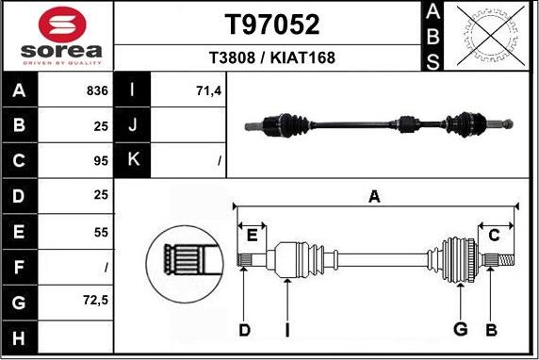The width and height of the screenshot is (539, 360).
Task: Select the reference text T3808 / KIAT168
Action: click(271, 57)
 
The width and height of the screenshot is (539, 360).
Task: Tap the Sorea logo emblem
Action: click(57, 23)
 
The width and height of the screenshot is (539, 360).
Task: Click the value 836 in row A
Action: click(97, 92)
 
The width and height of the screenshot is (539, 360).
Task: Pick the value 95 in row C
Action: click(101, 161)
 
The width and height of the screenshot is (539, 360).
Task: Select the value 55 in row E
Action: click(101, 231)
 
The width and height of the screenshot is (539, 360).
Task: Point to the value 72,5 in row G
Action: click(95, 301)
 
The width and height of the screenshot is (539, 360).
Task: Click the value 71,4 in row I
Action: click(207, 92)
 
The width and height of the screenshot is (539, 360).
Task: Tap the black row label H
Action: click(20, 335)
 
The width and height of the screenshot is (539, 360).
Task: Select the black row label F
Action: click(20, 266)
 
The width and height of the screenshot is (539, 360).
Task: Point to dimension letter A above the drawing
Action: click(374, 197)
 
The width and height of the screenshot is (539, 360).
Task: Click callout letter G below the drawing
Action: click(461, 329)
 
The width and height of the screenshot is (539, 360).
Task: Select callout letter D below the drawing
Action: click(244, 329)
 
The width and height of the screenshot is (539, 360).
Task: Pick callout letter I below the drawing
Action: click(287, 329)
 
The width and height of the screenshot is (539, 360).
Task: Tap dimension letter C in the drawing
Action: click(493, 236)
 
